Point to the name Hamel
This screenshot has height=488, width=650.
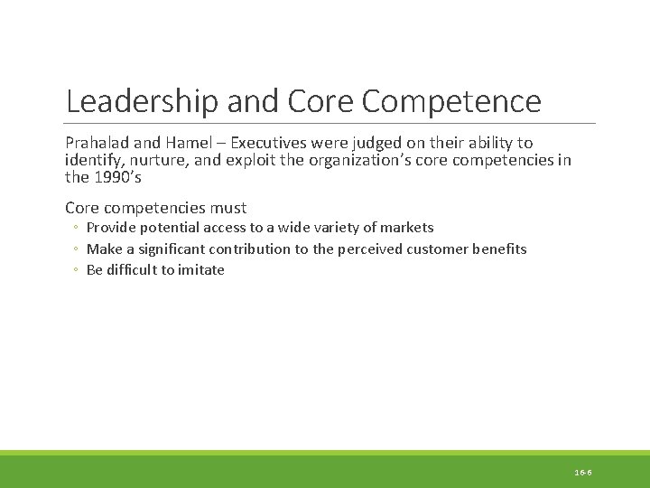click(196, 143)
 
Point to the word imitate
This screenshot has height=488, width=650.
click(201, 269)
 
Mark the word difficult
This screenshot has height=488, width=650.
click(133, 269)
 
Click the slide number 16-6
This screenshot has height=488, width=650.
click(582, 473)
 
